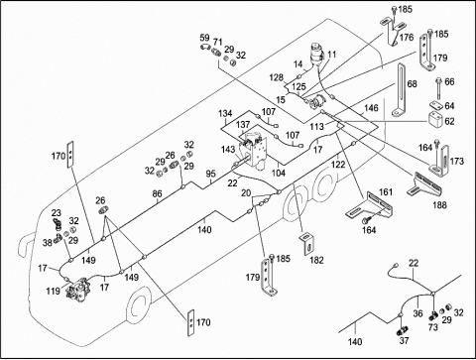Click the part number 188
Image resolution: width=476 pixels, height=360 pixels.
tap(439, 205)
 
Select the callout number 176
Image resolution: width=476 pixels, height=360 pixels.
tap(407, 38)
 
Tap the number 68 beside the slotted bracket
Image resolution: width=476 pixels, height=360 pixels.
tap(412, 84)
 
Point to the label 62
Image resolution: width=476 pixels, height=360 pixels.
tap(449, 121)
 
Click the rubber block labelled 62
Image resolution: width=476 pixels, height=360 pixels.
tap(435, 120)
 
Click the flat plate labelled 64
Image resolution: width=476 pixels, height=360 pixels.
tap(436, 105)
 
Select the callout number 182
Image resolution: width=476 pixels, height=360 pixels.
tap(316, 260)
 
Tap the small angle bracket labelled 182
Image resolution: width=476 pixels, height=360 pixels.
tap(307, 243)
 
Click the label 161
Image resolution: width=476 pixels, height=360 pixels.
tap(386, 192)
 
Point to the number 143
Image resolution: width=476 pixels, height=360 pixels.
tap(228, 150)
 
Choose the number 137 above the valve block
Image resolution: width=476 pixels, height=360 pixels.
tap(243, 125)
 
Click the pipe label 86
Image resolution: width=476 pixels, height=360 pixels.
tap(158, 193)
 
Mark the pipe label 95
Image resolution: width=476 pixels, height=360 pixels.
tap(210, 174)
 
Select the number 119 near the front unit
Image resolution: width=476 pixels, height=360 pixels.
tap(53, 291)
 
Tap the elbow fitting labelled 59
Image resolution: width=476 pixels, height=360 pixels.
tap(205, 47)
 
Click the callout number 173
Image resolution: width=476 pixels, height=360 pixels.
tap(457, 162)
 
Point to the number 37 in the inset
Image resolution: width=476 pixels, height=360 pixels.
tap(405, 340)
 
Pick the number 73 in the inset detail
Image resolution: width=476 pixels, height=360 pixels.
tap(433, 327)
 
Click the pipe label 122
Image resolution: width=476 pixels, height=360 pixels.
tap(338, 164)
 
